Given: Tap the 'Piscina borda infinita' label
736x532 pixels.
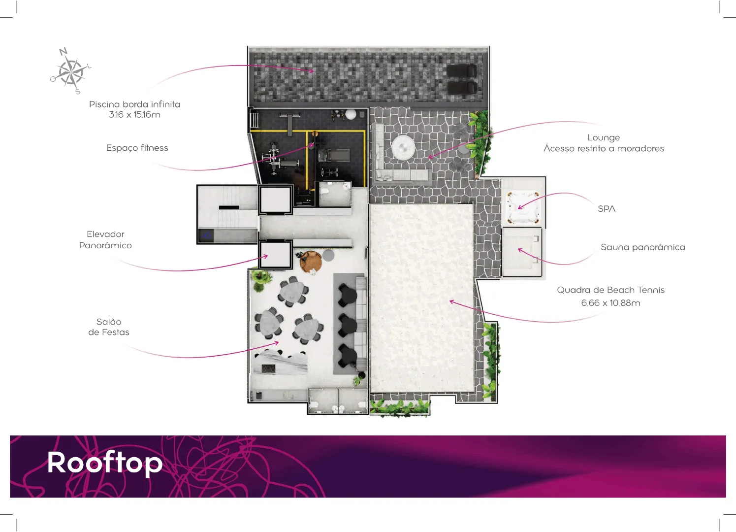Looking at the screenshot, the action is [135, 104].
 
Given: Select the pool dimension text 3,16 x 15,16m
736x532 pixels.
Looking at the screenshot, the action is [135, 115].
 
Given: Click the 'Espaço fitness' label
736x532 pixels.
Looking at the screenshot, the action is [137, 148].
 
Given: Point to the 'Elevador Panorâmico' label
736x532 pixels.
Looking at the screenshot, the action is [105, 240].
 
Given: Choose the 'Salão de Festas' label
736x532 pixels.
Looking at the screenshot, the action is [109, 327].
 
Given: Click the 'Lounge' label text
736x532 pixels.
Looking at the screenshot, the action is [604, 138].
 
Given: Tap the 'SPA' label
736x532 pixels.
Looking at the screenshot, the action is [607, 209].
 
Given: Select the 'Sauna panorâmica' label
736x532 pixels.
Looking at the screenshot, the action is [643, 247].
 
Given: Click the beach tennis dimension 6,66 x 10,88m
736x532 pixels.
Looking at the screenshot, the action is [611, 303].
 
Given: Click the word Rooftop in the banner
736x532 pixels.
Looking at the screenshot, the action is [105, 463].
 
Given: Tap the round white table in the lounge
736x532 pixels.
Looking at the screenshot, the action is [403, 147].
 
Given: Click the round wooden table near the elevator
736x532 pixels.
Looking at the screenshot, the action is [311, 262].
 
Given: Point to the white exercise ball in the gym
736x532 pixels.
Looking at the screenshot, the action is [351, 114].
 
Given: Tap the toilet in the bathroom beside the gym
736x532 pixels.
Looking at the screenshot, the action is [324, 192].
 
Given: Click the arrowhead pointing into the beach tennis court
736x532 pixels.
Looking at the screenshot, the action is [452, 301].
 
